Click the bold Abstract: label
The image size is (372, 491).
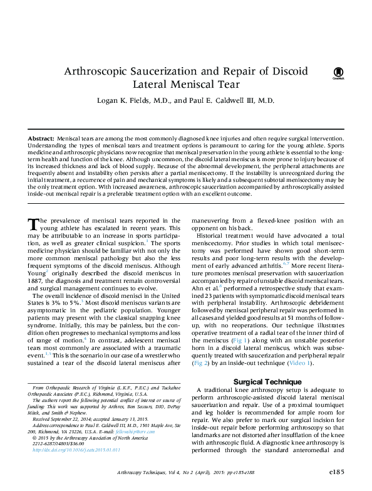click(x=41, y=137)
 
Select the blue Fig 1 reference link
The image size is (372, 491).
click(x=239, y=340)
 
